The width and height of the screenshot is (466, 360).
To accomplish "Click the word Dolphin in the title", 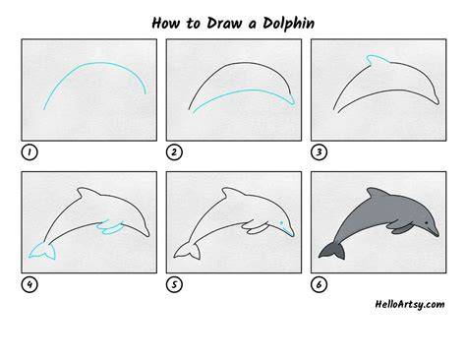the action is [288, 24].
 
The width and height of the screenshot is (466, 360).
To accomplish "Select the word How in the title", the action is [166, 23].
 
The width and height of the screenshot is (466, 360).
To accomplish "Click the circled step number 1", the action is [29, 152].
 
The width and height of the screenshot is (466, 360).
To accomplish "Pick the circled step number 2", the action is [174, 152].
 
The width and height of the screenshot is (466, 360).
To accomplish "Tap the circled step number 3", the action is [319, 152].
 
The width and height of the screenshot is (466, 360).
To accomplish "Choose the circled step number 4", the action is [29, 284].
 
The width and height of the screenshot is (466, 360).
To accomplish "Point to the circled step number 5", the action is [174, 284].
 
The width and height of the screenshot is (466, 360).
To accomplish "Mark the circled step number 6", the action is [319, 284].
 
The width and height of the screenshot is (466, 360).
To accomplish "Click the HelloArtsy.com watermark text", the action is [410, 304].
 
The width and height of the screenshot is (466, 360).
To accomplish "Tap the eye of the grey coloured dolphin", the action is [427, 223].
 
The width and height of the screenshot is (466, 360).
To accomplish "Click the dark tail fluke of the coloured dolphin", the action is [332, 252].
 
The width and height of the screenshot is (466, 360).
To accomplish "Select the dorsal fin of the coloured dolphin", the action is [378, 193].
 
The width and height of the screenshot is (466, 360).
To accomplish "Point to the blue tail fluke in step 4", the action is [43, 252].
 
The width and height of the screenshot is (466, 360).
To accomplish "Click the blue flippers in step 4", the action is [110, 227].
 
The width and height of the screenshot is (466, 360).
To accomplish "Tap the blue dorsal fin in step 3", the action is [378, 60].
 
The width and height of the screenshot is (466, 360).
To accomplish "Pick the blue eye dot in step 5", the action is [281, 223].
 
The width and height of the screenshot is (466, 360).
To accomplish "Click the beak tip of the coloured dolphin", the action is [437, 235].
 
